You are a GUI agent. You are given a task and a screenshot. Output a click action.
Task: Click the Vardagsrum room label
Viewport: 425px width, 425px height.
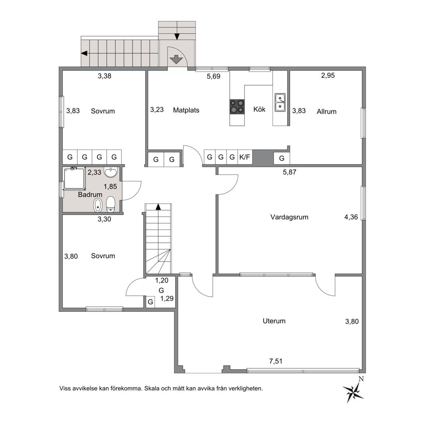(x=289, y=217)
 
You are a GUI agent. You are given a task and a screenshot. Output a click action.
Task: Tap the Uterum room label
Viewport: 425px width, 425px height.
(x=274, y=321)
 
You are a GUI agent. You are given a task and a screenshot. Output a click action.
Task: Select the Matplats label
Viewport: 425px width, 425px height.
(x=186, y=110)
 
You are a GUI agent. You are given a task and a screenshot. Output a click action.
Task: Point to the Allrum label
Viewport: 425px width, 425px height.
(x=326, y=111)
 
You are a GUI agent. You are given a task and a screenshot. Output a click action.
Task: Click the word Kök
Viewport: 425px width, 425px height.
(x=259, y=109)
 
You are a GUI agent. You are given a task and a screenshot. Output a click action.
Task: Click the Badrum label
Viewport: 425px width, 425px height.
(x=90, y=195)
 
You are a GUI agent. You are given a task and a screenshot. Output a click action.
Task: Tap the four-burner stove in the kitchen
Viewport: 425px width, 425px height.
(x=237, y=106)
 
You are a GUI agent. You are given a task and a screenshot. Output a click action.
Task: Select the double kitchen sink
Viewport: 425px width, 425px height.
(x=280, y=103)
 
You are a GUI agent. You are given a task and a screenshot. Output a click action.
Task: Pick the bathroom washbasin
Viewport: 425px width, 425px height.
(x=111, y=172)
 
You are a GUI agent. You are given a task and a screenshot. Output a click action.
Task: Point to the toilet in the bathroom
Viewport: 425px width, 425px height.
(x=111, y=204)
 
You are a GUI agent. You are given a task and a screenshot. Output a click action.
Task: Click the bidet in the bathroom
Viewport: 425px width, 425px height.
(x=97, y=205)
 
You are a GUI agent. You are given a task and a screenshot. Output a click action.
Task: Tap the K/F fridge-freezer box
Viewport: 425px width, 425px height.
(x=245, y=157)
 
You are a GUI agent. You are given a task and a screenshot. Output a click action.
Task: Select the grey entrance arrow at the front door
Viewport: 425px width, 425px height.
(x=176, y=59)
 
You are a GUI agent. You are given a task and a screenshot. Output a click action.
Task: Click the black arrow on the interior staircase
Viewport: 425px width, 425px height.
(x=158, y=207)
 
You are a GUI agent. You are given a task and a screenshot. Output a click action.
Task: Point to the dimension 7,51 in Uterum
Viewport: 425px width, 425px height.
(x=276, y=361)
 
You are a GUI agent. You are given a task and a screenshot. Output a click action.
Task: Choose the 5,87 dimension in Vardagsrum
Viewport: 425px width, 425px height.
(x=290, y=172)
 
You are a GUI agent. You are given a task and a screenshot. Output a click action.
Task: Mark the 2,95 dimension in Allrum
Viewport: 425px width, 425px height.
(x=328, y=75)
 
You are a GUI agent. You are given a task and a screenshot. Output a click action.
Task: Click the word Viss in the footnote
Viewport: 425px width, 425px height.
(x=65, y=388)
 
